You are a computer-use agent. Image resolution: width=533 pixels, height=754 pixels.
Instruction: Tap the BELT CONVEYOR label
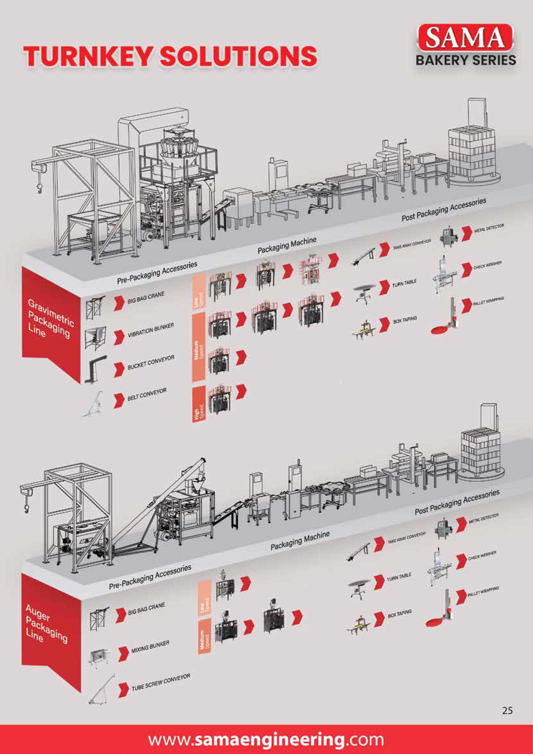pos(147,394)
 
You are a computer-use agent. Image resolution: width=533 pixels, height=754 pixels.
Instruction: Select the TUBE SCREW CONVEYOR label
pos(161,682)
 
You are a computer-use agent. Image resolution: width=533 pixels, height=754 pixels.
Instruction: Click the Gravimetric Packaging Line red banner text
pos(49,318)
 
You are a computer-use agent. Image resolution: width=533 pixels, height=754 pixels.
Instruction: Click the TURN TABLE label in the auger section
pos(399,577)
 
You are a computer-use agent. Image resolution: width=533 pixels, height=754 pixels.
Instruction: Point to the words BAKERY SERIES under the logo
pos(465,60)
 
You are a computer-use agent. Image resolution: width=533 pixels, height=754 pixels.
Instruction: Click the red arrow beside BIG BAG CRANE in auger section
pos(121,615)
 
